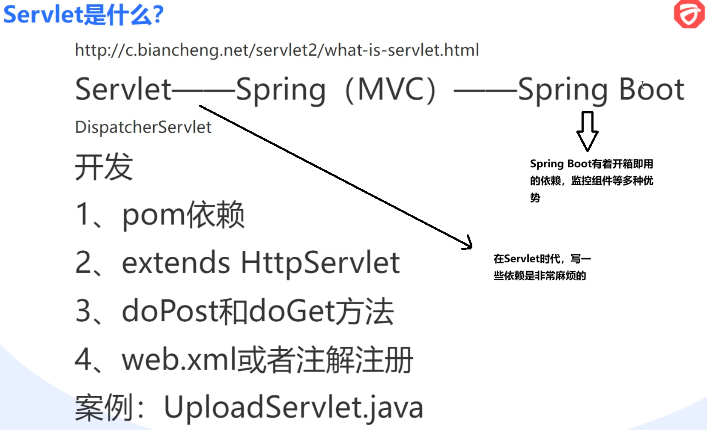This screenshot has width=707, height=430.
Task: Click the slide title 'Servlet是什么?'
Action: pyautogui.click(x=84, y=15)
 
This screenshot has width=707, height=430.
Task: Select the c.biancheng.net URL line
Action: pyautogui.click(x=277, y=50)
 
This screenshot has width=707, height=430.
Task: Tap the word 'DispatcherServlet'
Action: pyautogui.click(x=143, y=127)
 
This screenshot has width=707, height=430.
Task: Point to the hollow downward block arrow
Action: pyautogui.click(x=587, y=130)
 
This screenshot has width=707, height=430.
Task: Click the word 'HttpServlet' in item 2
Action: pyautogui.click(x=320, y=262)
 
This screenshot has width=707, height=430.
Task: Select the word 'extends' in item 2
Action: pyautogui.click(x=176, y=262)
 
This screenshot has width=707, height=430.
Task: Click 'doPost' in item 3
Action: pyautogui.click(x=170, y=311)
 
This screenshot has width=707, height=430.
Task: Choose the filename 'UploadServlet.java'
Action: pyautogui.click(x=293, y=407)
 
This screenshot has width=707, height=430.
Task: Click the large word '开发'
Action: pyautogui.click(x=104, y=167)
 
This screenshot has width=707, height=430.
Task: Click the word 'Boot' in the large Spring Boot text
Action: pyautogui.click(x=651, y=90)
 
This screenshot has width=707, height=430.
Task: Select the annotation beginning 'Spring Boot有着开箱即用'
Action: pyautogui.click(x=591, y=180)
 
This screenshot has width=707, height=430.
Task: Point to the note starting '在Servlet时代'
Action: pyautogui.click(x=542, y=267)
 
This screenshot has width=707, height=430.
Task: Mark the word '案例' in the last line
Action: pyautogui.click(x=104, y=407)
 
